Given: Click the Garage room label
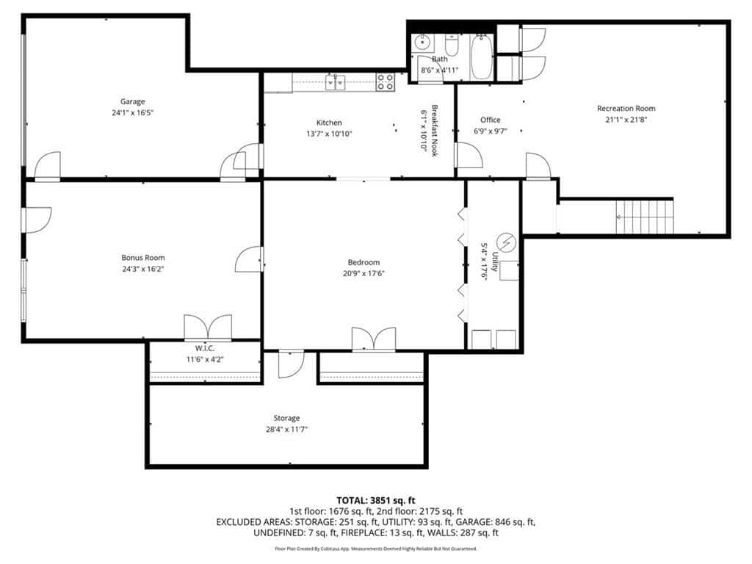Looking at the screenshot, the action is tap(132, 101).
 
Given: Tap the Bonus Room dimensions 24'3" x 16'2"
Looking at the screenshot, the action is tap(143, 269).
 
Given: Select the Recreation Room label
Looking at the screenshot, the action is tap(626, 109).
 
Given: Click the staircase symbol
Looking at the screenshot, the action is tap(645, 217).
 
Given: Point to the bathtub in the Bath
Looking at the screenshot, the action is tap(481, 57).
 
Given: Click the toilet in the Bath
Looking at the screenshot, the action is tap(452, 45).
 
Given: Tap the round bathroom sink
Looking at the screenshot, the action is tap(422, 43).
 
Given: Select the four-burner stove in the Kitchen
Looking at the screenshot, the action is tap(385, 82).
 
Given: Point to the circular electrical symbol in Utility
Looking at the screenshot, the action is tap(506, 242).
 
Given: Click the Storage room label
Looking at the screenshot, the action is tap(287, 418).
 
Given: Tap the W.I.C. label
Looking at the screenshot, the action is tap(205, 348).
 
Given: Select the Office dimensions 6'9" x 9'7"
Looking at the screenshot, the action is tap(490, 131).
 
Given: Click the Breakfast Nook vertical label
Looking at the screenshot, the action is tap(435, 131).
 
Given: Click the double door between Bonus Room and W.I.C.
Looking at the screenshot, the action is tap(208, 328).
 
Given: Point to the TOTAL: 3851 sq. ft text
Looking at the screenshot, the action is tap(376, 501).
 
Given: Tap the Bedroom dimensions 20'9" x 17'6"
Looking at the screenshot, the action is tap(364, 274).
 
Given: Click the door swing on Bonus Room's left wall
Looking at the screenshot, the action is tap(37, 220).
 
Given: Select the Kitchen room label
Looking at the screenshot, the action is tap(329, 123).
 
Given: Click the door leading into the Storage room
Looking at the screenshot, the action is tap(291, 365).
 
